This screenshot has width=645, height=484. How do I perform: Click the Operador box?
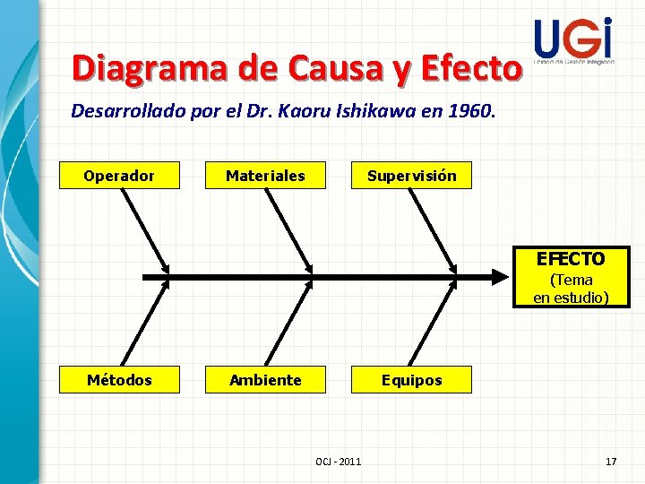coord(119,176)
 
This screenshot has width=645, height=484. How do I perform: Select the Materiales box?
coord(265,176)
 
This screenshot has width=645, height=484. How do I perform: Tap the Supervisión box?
coord(411,176)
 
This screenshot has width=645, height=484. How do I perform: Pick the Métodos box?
coord(119,380)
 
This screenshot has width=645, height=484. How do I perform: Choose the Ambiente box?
coord(265,380)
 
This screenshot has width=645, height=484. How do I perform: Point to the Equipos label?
coord(411,380)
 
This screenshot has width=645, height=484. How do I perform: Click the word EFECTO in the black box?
coord(571,259)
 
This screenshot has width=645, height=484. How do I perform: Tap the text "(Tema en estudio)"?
coord(571,289)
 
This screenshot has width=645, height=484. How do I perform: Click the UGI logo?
coord(573,40)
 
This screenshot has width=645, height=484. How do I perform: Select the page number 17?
coord(611,461)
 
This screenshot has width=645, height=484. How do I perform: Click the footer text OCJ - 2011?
coord(339,461)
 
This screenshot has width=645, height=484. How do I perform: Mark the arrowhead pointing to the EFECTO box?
coord(502,273)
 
